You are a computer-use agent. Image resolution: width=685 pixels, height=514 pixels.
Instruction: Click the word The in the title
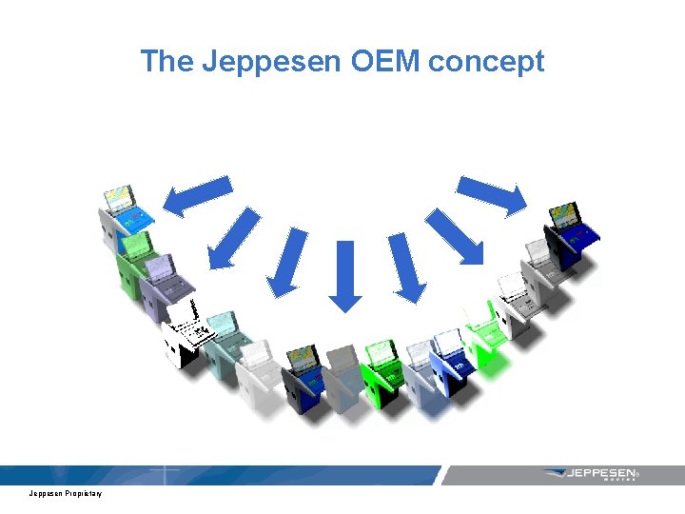coord(166,62)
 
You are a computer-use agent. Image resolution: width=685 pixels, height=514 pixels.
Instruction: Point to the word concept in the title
coord(486,62)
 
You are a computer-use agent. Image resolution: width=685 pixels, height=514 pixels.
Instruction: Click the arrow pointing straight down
coord(345,276)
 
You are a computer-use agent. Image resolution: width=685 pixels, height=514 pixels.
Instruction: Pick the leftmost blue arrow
coord(197,194)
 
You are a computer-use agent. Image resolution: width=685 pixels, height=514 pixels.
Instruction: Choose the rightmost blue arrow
coord(492,195)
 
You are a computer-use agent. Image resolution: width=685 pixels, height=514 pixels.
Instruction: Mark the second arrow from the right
coord(454,235)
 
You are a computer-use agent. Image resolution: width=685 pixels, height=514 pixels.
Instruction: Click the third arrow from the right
coord(407,267)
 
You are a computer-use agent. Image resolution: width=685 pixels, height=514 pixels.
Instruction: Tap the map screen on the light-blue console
coord(120,199)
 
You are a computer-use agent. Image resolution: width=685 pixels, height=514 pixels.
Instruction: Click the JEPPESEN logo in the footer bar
coord(590,473)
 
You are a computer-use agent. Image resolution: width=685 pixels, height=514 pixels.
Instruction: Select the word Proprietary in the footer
coord(84,493)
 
